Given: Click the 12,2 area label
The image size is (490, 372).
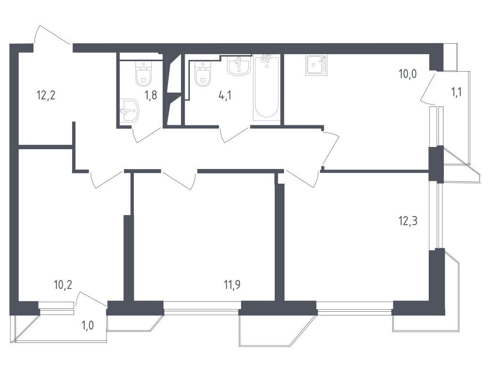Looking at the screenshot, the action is click(46, 95).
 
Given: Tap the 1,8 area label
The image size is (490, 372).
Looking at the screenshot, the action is click(151, 95).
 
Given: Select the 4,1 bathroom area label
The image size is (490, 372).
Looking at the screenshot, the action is click(225, 95).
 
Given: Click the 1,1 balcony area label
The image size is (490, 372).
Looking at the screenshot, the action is click(456, 92).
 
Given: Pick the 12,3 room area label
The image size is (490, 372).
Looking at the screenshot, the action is click(408, 221).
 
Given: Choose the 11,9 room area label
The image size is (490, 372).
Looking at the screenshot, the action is click(232, 284).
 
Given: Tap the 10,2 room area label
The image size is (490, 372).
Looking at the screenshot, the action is click(63, 284).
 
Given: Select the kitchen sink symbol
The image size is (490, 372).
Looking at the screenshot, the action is click(316, 65).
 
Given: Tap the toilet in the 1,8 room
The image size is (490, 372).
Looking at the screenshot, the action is click(144, 74).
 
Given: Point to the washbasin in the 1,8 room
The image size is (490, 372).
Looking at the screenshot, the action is click(130, 110).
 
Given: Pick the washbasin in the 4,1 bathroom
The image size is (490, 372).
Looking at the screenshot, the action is click(239, 66).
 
